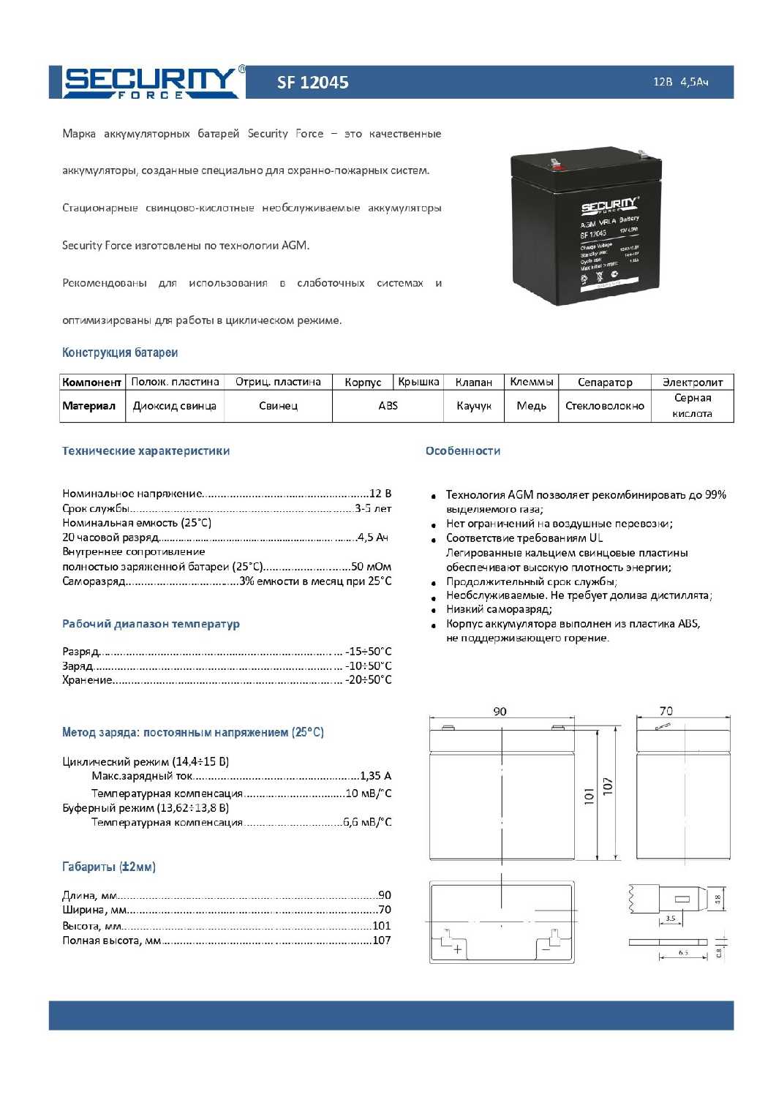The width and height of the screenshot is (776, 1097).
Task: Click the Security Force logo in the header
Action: tap(151, 82)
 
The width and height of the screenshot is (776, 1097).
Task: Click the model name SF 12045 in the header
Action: tap(312, 83)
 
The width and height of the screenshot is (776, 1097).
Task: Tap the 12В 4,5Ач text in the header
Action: tap(680, 82)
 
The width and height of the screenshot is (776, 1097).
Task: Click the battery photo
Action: tap(586, 225)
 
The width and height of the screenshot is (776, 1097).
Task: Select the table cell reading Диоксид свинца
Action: tap(174, 406)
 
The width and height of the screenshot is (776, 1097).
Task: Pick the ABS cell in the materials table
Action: tap(388, 406)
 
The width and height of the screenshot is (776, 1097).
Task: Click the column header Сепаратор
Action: tap(604, 382)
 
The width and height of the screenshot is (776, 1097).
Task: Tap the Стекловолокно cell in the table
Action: tap(604, 406)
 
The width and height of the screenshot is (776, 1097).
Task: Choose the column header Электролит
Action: tap(692, 382)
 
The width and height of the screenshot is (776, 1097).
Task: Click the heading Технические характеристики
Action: tap(146, 451)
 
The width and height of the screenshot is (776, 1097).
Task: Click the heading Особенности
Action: tap(463, 451)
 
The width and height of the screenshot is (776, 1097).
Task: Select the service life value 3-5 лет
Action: tap(373, 508)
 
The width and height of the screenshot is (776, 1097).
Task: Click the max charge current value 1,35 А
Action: tap(376, 776)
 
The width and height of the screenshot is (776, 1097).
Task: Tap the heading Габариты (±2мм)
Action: tap(109, 867)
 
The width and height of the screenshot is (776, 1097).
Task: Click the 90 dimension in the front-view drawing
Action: tap(500, 712)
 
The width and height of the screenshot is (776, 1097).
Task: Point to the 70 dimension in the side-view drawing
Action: tap(666, 711)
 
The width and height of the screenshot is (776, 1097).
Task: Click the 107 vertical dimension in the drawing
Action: tap(608, 786)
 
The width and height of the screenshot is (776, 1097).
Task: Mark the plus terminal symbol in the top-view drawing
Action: tap(458, 949)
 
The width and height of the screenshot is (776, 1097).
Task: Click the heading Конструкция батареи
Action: tap(120, 353)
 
